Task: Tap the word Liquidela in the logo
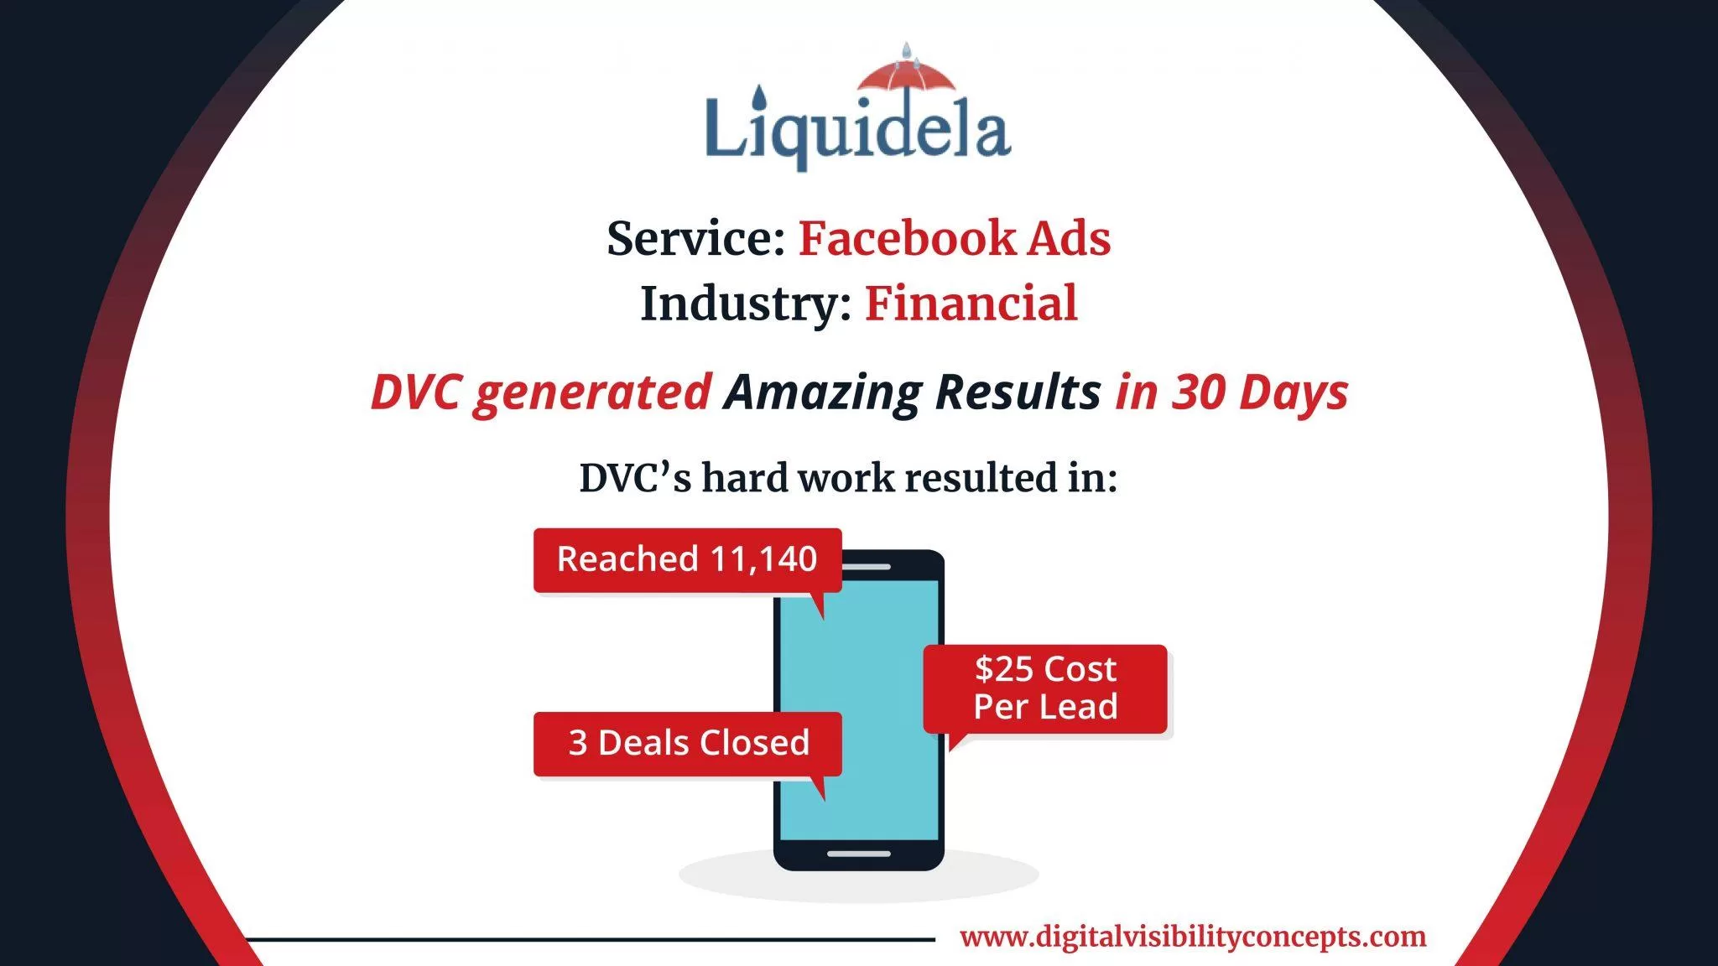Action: [x=858, y=130]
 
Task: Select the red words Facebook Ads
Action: [x=955, y=238]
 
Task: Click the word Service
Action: [x=695, y=238]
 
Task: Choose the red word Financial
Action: [x=971, y=304]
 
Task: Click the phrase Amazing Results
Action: [x=913, y=392]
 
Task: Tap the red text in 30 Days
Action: [x=1231, y=392]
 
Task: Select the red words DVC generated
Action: [x=541, y=392]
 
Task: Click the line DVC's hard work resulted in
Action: [x=848, y=478]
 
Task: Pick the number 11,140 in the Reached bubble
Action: [x=763, y=558]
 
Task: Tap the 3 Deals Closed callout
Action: [x=688, y=744]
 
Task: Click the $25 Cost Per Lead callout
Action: [x=1045, y=688]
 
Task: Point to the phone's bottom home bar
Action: [x=859, y=854]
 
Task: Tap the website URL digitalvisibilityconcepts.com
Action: [x=1193, y=937]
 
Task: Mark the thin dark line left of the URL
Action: [x=590, y=939]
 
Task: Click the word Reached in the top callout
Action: [x=627, y=558]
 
